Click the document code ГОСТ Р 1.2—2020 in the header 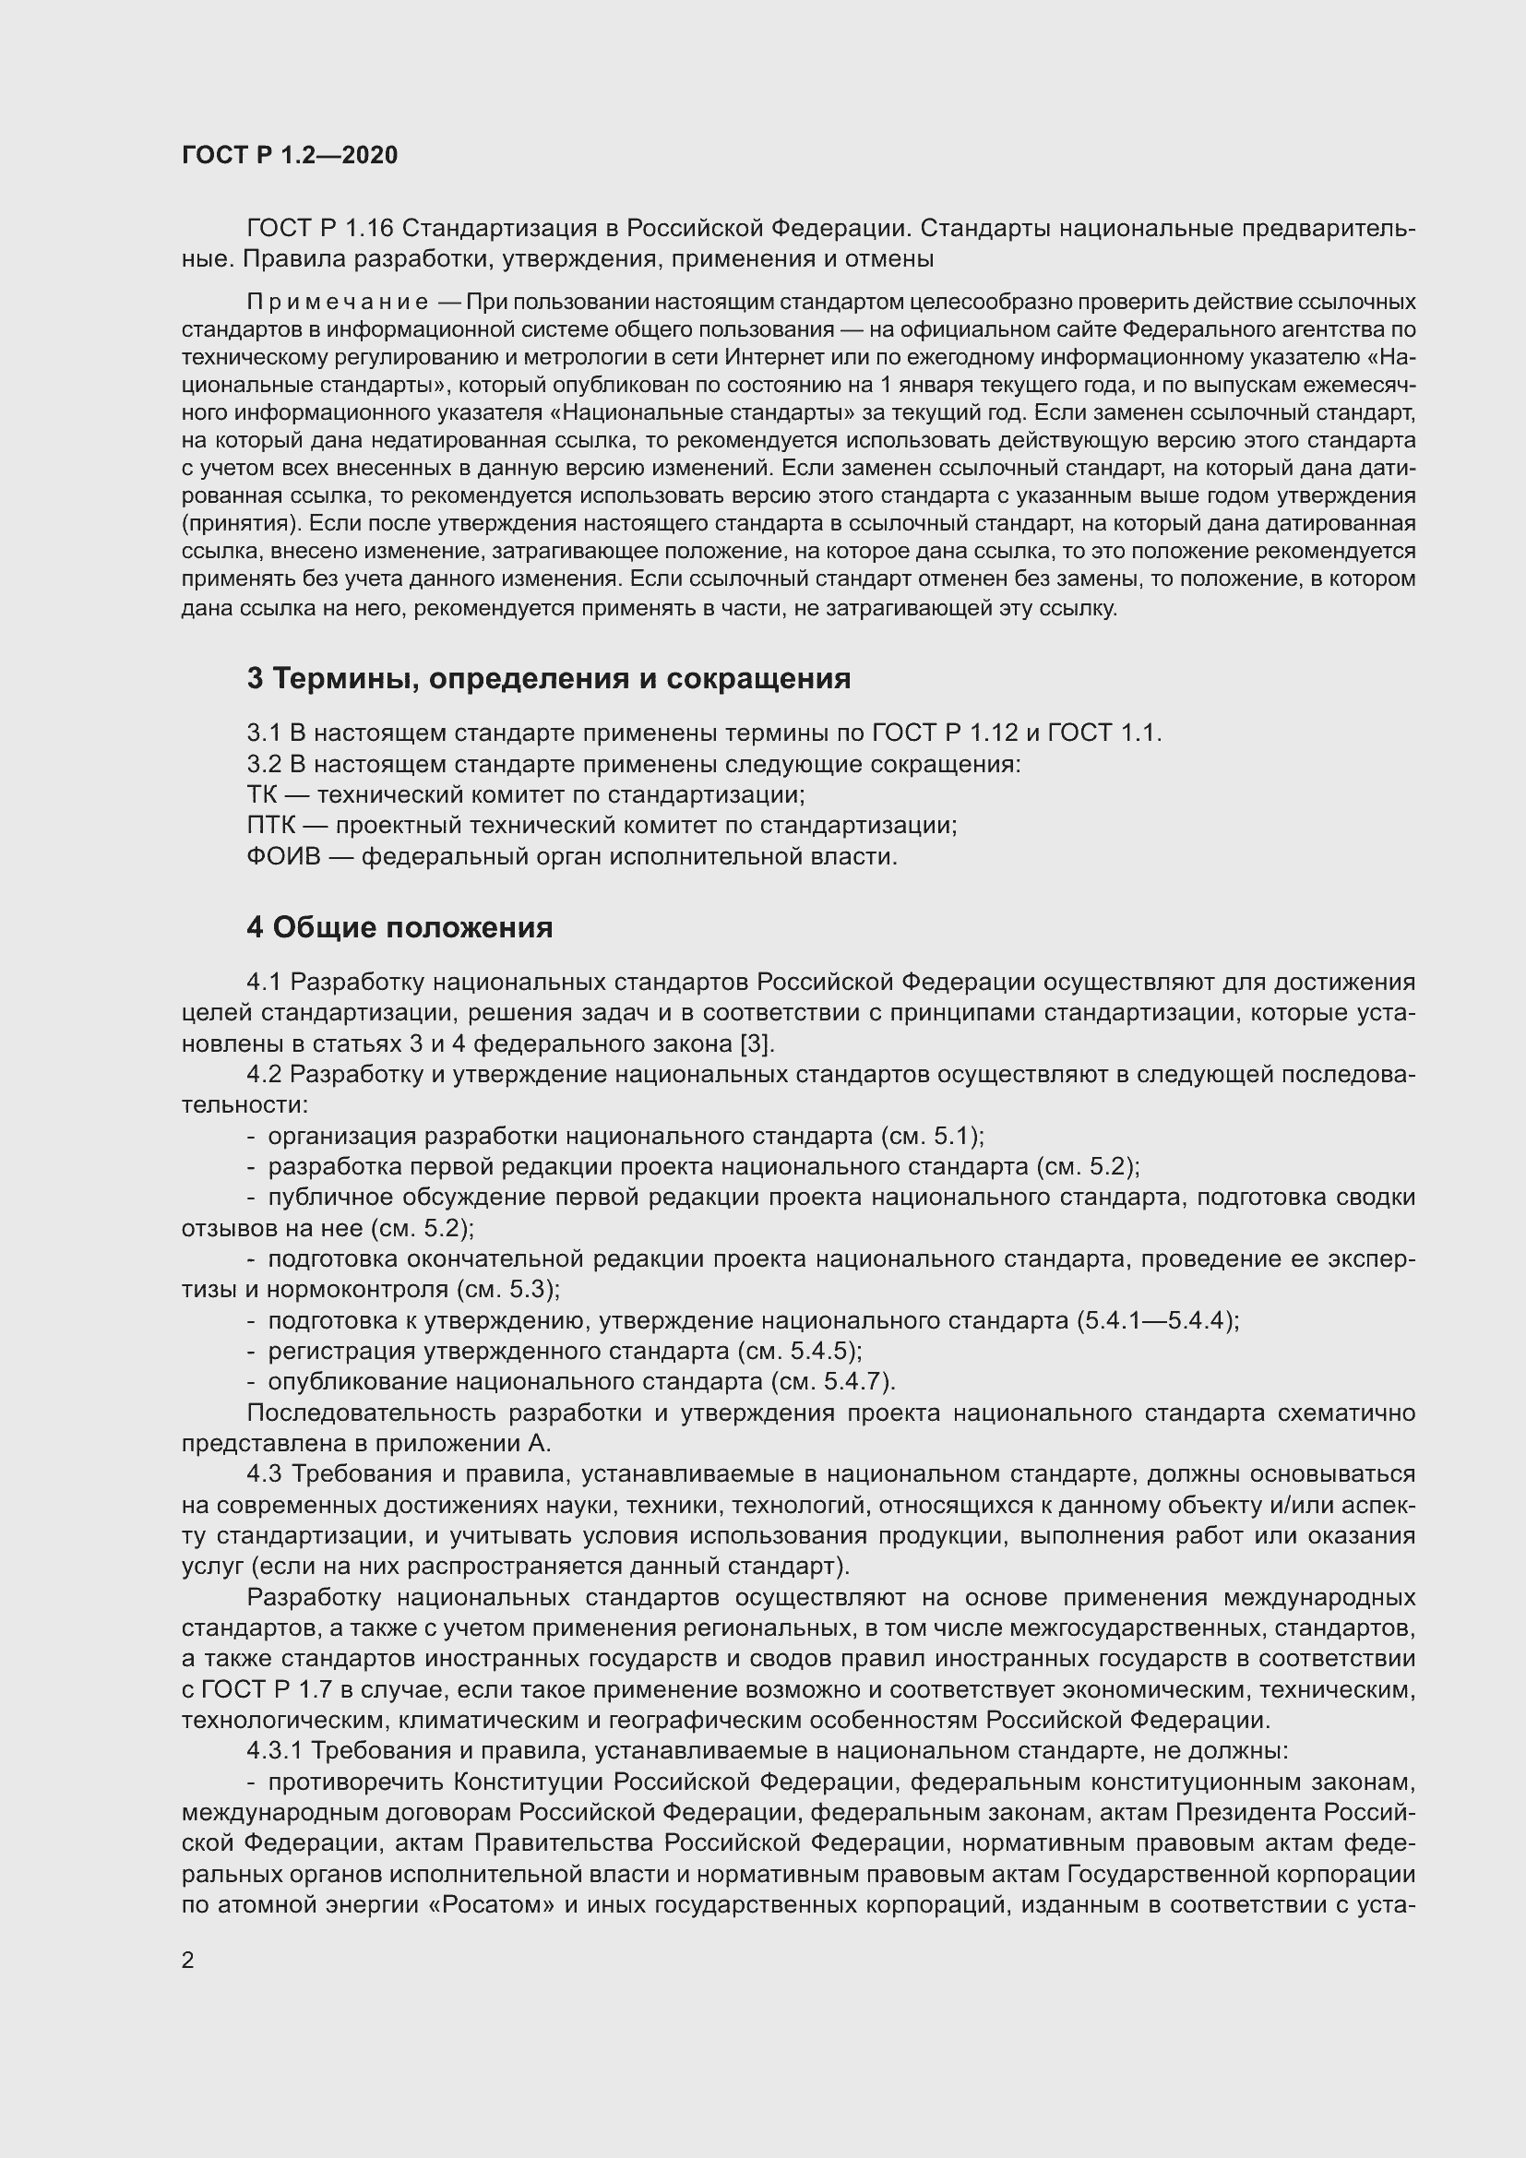click(290, 155)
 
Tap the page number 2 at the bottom click(188, 1961)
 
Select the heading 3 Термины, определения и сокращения click(548, 679)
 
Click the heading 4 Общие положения click(399, 927)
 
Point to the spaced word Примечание click(338, 303)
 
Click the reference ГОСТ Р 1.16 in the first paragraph click(319, 229)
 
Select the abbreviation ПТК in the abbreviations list click(270, 826)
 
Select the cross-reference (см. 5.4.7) click(832, 1382)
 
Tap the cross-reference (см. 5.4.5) click(799, 1352)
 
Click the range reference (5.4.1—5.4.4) click(1157, 1320)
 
